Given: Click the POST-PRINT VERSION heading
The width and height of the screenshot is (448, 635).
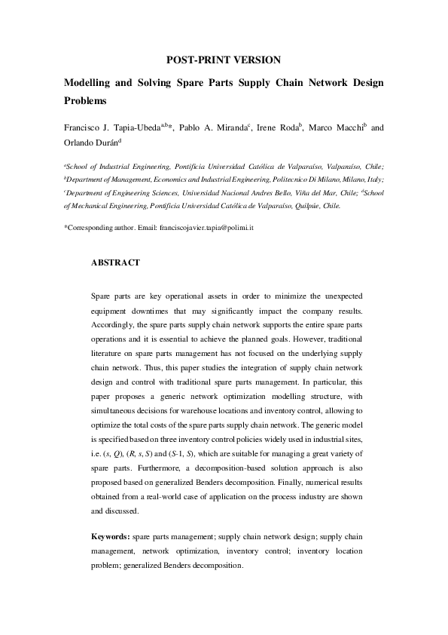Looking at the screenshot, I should pyautogui.click(x=224, y=59).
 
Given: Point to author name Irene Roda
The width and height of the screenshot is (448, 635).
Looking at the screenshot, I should pyautogui.click(x=277, y=128).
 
